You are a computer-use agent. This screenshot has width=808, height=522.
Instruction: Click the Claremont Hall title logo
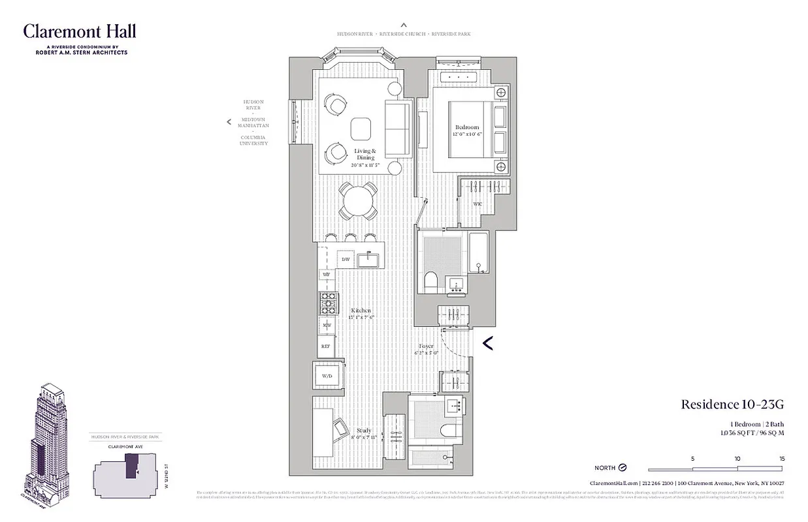[80, 31]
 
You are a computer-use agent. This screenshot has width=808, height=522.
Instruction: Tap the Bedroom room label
[467, 127]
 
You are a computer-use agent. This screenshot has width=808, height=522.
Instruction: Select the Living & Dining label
[365, 155]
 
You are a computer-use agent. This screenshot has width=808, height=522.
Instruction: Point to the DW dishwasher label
[346, 259]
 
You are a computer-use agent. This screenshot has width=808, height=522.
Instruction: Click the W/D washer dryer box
[327, 375]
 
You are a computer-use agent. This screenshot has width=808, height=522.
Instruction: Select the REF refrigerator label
[326, 346]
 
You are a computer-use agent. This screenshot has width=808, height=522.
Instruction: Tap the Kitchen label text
[361, 311]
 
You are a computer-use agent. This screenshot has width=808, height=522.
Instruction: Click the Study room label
[364, 431]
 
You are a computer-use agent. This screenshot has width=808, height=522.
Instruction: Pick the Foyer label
[426, 346]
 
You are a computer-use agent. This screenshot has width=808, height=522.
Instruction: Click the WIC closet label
[478, 204]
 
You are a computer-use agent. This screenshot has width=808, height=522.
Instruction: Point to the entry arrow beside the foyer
[487, 343]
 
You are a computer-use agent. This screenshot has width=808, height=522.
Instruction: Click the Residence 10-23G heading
[732, 405]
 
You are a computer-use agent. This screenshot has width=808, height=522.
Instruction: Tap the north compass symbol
[622, 468]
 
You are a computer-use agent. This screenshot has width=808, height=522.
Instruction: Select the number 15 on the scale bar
[782, 459]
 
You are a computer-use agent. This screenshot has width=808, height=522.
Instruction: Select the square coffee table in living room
[361, 129]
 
